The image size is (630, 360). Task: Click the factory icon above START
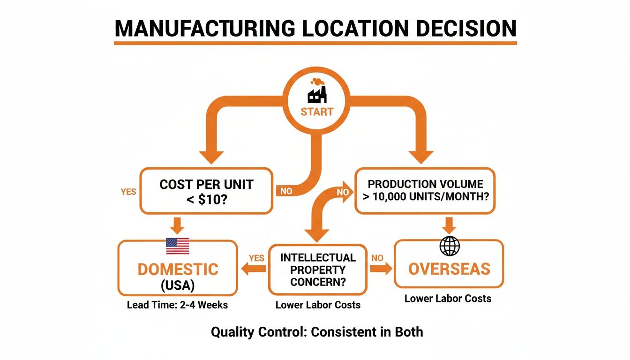[317, 91]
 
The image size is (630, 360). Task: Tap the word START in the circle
[317, 112]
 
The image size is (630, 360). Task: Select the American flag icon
[178, 246]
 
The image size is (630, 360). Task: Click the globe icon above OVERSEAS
[450, 246]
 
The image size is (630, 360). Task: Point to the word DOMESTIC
[178, 269]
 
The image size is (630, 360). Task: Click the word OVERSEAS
[449, 269]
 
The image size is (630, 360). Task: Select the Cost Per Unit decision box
[206, 191]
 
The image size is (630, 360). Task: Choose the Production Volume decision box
[425, 191]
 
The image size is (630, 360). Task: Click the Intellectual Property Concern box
[317, 270]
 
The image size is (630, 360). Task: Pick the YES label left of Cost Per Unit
[128, 192]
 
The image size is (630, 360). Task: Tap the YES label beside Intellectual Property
[256, 258]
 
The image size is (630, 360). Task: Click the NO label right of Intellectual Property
[377, 258]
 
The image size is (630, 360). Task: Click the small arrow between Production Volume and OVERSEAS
[449, 225]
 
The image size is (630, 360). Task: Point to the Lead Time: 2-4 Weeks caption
[177, 305]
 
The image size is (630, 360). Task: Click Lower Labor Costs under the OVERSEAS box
[448, 299]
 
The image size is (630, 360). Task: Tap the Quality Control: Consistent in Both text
[317, 332]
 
